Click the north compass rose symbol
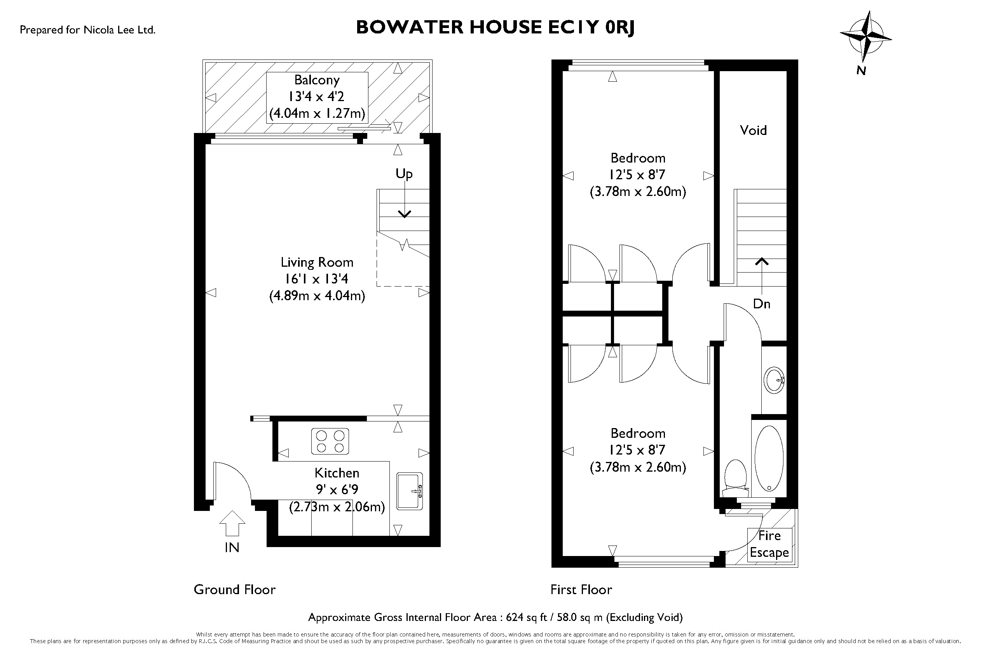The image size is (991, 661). tap(865, 37)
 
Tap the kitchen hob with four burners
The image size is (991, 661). tap(330, 441)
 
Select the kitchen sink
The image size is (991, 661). tap(409, 491)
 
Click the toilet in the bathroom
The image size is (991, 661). tap(735, 479)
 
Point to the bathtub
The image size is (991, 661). tap(769, 458)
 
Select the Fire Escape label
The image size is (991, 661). tap(769, 544)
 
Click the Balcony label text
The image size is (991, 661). tap(317, 80)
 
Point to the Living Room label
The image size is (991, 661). tap(317, 262)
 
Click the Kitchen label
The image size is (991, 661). tap(337, 472)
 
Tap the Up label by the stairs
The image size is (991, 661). tap(404, 174)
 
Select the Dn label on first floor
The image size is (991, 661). tap(761, 304)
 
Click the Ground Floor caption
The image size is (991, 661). tap(234, 589)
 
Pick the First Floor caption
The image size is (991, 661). tap(581, 589)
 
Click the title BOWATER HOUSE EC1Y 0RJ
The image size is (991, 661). tap(495, 27)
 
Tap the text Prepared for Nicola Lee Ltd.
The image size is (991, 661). tap(88, 30)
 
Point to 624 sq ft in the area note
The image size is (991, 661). tap(526, 617)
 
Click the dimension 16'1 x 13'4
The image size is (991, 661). tap(316, 279)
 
